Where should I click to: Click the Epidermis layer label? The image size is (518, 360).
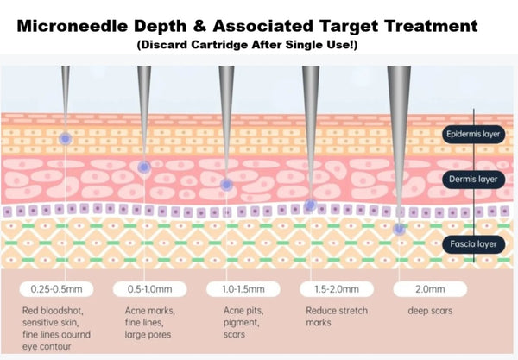[x=473, y=134]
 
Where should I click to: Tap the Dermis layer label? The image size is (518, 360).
[x=473, y=180]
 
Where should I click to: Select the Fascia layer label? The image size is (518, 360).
[x=473, y=244]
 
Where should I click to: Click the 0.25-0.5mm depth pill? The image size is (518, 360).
[x=56, y=289]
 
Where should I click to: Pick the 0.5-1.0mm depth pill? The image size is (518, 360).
[x=150, y=289]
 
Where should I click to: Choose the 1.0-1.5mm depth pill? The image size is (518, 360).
[x=243, y=289]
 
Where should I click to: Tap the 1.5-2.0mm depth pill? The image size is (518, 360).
[x=337, y=289]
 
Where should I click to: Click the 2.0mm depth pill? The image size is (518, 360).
[x=430, y=289]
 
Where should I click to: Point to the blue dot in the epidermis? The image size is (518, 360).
[x=66, y=139]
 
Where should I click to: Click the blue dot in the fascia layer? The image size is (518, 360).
[x=399, y=229]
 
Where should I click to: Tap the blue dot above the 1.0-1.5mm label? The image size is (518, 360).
[x=226, y=185]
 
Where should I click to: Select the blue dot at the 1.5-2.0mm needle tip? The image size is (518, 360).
[x=310, y=205]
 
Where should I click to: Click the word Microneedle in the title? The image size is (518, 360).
[x=72, y=26]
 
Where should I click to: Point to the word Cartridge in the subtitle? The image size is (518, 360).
[x=219, y=45]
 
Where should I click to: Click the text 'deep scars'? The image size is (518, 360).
[x=430, y=311]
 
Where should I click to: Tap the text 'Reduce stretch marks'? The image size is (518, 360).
[x=337, y=317]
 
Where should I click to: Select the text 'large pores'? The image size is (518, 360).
[x=148, y=335]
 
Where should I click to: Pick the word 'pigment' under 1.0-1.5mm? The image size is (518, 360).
[x=242, y=323]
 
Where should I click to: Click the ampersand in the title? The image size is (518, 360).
[x=200, y=26]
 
